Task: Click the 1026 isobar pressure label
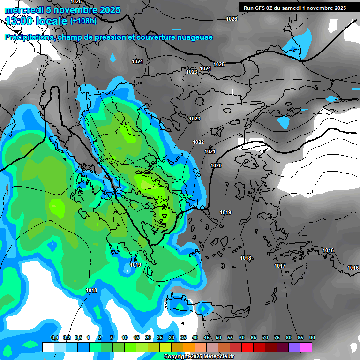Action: [x=232, y=19]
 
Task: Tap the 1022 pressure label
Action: [x=198, y=142]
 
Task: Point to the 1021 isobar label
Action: [x=210, y=151]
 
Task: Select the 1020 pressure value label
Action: [x=216, y=165]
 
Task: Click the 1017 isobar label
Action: [x=280, y=266]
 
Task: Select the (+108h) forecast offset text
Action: [x=83, y=21]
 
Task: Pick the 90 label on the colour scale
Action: [x=312, y=338]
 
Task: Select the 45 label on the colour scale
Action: [x=207, y=338]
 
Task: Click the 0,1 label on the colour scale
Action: [x=55, y=338]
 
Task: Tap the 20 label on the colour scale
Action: [x=148, y=338]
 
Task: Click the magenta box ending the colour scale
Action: [x=306, y=347]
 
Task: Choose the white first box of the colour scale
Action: [x=48, y=347]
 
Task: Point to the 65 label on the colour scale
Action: [x=254, y=338]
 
